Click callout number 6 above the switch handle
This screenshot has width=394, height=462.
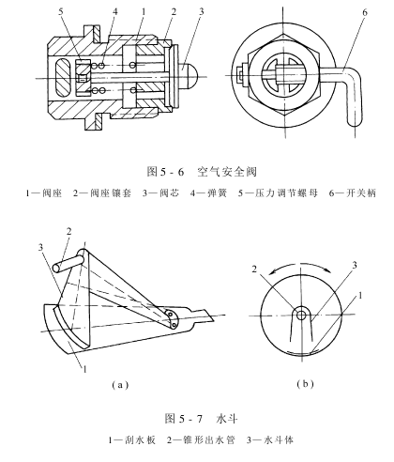pos(365,12)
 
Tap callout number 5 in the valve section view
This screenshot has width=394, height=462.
pos(60,11)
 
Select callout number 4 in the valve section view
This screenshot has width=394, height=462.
pos(115,11)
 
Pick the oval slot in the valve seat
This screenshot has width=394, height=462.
pos(64,78)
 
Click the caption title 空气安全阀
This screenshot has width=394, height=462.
pos(227,172)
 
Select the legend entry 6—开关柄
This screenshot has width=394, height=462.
pos(352,193)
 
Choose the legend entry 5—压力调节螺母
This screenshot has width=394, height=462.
pos(278,193)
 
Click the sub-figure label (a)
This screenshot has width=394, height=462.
pos(120,384)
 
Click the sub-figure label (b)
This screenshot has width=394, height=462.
pos(305,384)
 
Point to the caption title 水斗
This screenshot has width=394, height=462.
pos(227,419)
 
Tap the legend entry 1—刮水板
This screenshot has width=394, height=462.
pos(132,440)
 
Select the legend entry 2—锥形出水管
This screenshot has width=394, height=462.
pos(201,440)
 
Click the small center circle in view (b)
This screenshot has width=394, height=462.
pos(301,316)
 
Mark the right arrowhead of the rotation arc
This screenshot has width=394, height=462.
pos(328,271)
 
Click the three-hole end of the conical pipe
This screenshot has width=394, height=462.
pos(173,319)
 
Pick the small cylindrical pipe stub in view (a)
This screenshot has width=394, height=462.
pos(68,263)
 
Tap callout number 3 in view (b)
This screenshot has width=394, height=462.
pos(355,266)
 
